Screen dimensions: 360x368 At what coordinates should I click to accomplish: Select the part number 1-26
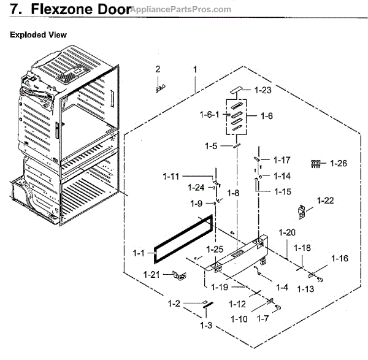pyautogui.click(x=339, y=163)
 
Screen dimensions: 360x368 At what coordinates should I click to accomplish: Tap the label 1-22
pyautogui.click(x=326, y=200)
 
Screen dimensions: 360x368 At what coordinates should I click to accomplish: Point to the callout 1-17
pyautogui.click(x=282, y=160)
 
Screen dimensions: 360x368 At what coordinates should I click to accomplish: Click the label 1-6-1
pyautogui.click(x=211, y=114)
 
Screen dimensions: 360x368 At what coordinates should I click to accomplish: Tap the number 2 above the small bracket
pyautogui.click(x=158, y=69)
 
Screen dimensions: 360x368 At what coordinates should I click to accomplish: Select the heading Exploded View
pyautogui.click(x=39, y=35)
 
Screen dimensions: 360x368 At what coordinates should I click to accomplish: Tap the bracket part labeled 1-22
pyautogui.click(x=302, y=212)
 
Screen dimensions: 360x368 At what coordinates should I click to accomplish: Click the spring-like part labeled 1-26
pyautogui.click(x=316, y=163)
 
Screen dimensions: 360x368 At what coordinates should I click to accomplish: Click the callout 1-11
pyautogui.click(x=171, y=177)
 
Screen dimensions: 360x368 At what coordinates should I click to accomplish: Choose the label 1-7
pyautogui.click(x=262, y=318)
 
